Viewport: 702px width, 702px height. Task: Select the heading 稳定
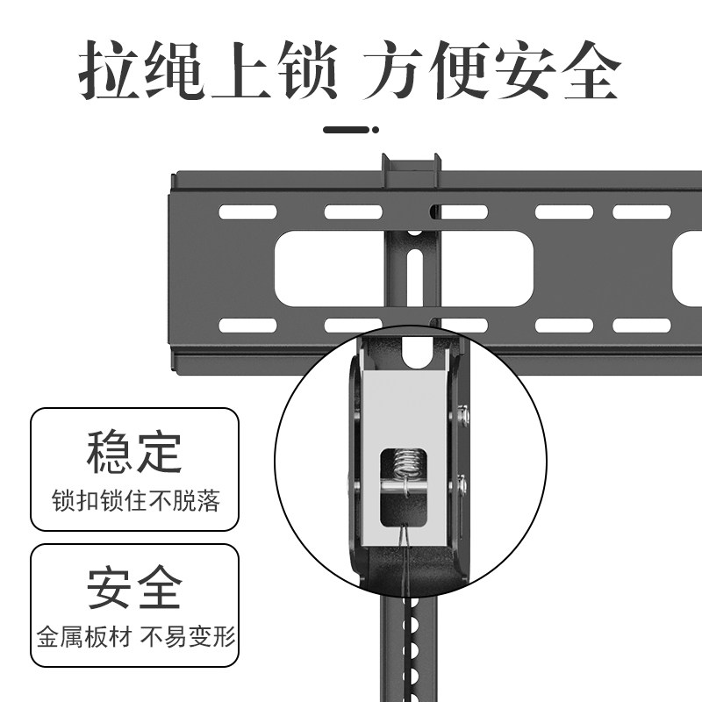pos(134,452)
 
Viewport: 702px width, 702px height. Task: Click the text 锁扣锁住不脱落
pos(134,501)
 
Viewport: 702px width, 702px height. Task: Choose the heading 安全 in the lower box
pos(134,587)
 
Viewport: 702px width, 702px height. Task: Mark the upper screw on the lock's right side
pos(462,413)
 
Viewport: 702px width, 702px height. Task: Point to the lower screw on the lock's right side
pos(462,482)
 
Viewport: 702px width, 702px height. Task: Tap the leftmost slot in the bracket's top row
pos(248,212)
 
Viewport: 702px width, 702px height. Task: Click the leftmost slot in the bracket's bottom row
pos(248,325)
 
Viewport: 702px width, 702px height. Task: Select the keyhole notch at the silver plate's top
pos(416,354)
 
